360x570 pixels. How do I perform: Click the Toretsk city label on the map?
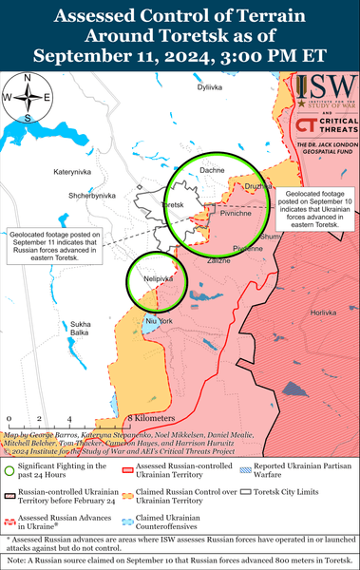pyautogui.click(x=173, y=206)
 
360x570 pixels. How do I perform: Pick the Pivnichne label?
pyautogui.click(x=236, y=216)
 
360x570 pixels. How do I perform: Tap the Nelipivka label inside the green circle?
pyautogui.click(x=157, y=279)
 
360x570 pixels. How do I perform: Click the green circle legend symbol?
pyautogui.click(x=9, y=467)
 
